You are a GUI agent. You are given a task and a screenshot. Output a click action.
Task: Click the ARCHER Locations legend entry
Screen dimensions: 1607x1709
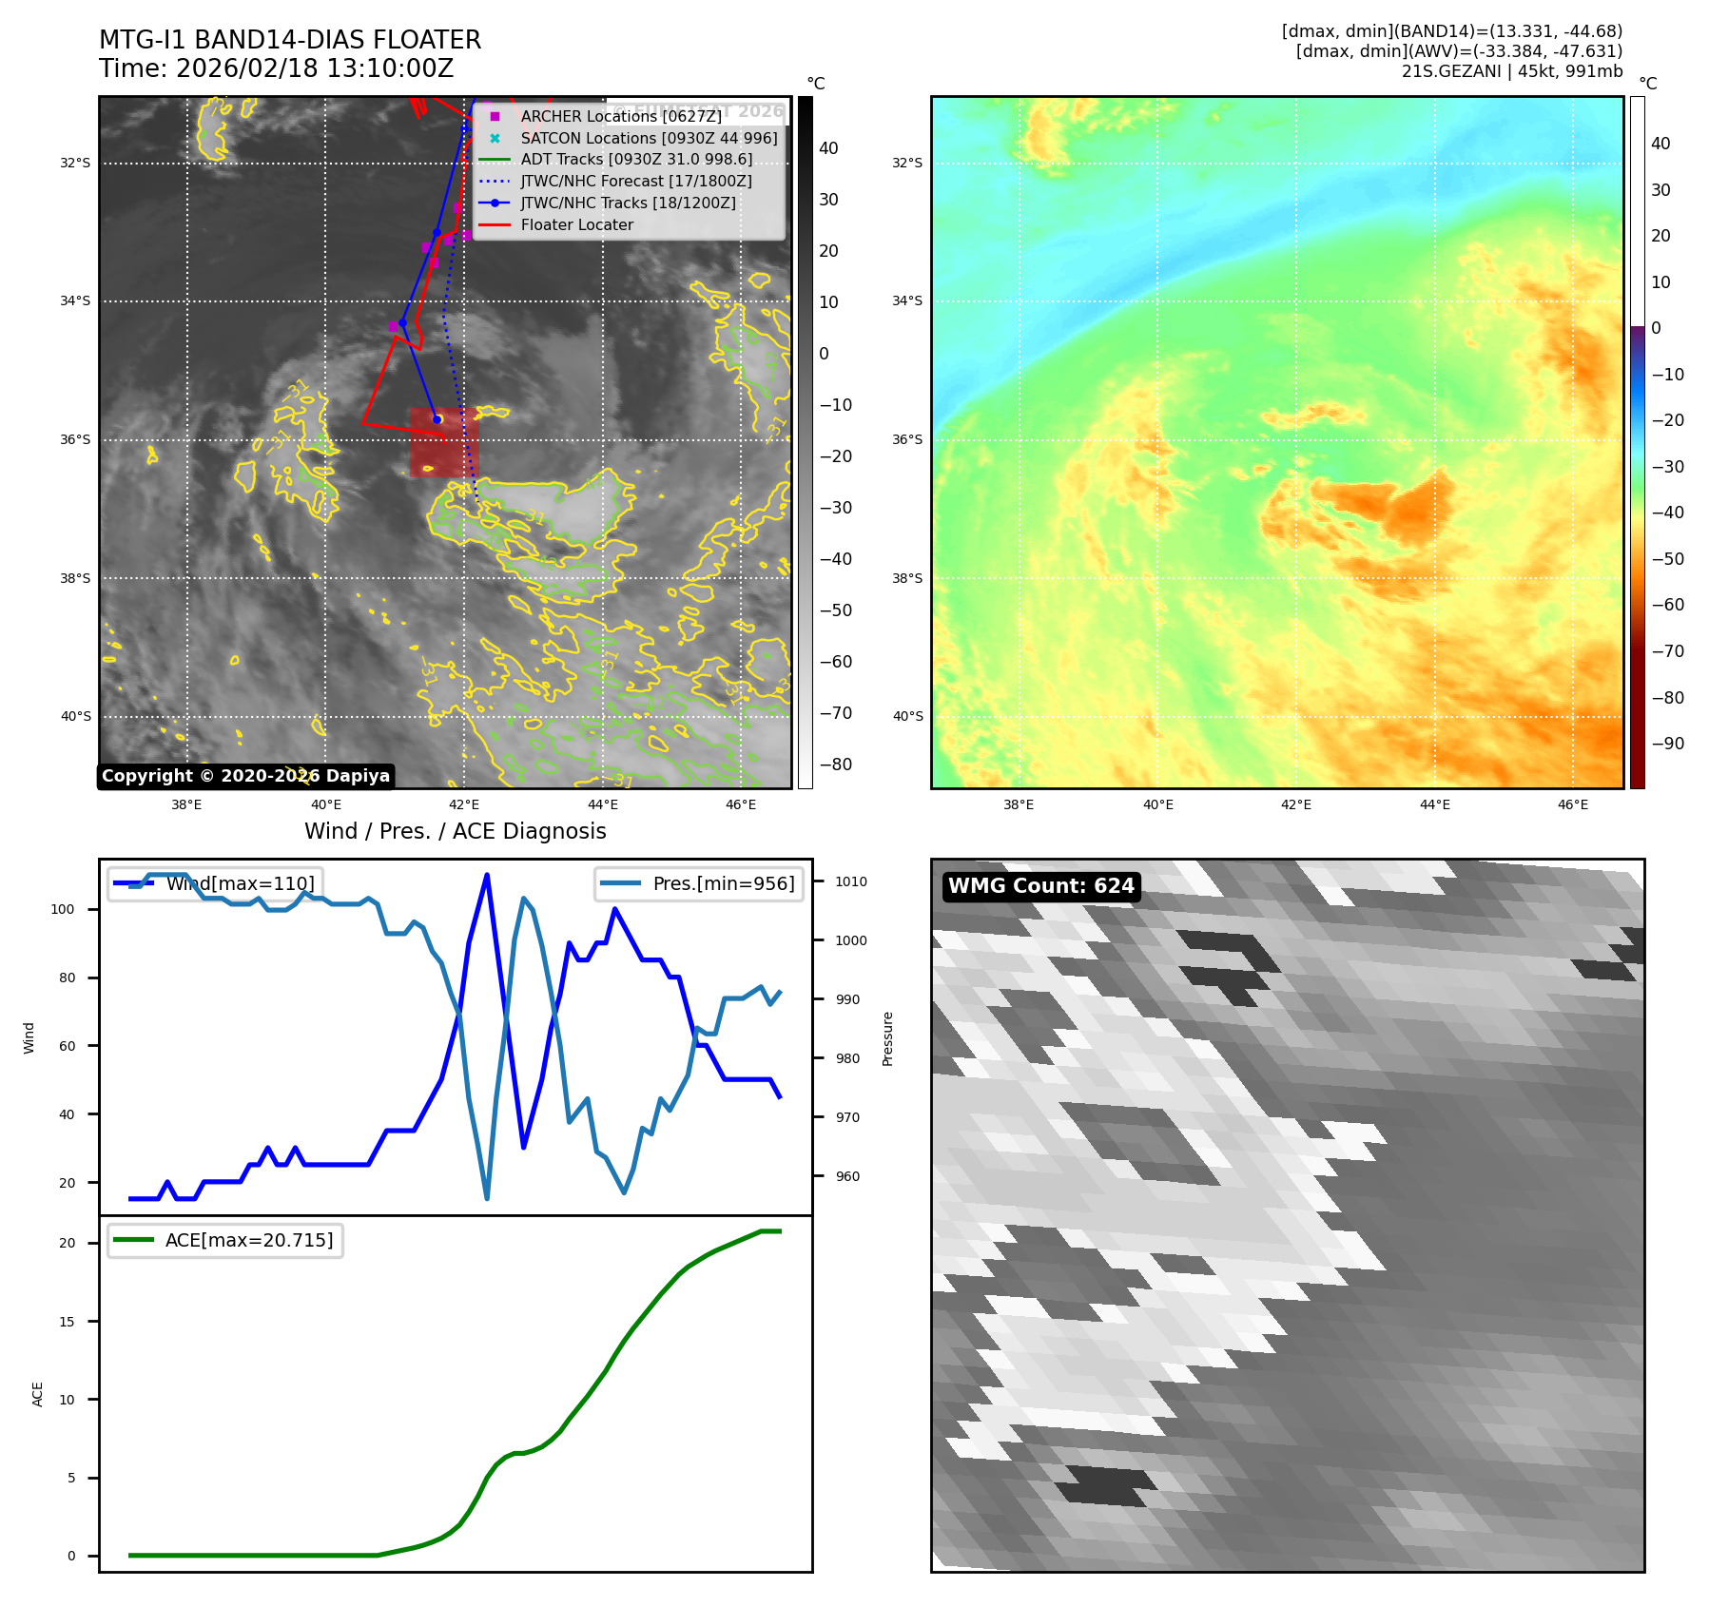pyautogui.click(x=620, y=116)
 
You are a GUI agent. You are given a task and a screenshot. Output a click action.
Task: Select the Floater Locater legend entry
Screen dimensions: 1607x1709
pyautogui.click(x=576, y=224)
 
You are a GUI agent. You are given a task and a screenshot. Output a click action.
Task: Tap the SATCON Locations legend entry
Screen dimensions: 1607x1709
pyautogui.click(x=649, y=138)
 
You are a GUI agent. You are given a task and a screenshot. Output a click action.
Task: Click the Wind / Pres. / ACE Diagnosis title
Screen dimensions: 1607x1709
pyautogui.click(x=455, y=831)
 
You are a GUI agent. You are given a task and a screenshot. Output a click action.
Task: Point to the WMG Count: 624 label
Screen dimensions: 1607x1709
pyautogui.click(x=1040, y=886)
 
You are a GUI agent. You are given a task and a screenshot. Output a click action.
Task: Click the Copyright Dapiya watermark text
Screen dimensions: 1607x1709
pyautogui.click(x=245, y=776)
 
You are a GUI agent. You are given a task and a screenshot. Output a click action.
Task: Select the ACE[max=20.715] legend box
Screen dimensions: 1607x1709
pyautogui.click(x=225, y=1240)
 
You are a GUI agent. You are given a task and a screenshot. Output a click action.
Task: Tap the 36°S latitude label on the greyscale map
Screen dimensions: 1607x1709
pyautogui.click(x=75, y=440)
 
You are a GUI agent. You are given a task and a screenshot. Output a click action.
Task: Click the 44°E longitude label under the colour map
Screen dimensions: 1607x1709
pyautogui.click(x=1434, y=804)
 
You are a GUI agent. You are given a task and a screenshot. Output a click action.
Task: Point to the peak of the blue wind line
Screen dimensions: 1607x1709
pyautogui.click(x=487, y=875)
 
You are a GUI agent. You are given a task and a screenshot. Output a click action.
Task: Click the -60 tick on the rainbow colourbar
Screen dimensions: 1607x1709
pyautogui.click(x=1667, y=605)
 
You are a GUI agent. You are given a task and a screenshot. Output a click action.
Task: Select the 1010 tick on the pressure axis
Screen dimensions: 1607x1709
pyautogui.click(x=850, y=881)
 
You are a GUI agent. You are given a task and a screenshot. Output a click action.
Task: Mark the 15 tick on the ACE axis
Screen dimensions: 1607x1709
pyautogui.click(x=67, y=1322)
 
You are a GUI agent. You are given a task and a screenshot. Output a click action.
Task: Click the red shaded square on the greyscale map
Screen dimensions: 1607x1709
pyautogui.click(x=443, y=443)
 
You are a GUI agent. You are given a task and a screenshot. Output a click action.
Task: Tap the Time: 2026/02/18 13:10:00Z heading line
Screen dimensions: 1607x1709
pyautogui.click(x=276, y=69)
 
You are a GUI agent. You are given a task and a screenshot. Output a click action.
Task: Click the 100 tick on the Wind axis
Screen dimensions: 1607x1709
pyautogui.click(x=63, y=909)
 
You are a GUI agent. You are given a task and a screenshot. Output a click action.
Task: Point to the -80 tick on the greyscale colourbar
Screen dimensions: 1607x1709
pyautogui.click(x=836, y=765)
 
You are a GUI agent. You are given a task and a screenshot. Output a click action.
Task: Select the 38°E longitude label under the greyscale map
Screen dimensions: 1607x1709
pyautogui.click(x=186, y=804)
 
